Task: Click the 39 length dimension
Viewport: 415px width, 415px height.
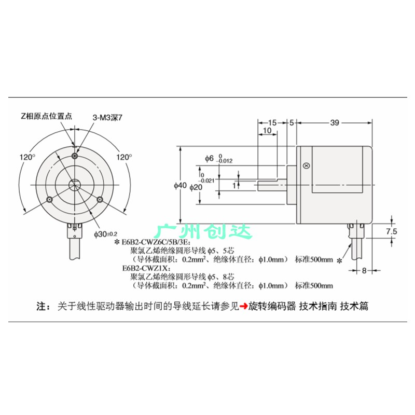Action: pyautogui.click(x=335, y=122)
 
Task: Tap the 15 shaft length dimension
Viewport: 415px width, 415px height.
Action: pyautogui.click(x=272, y=122)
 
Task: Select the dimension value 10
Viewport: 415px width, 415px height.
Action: pyautogui.click(x=267, y=131)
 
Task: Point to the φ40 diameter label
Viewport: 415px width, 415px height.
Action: pyautogui.click(x=180, y=186)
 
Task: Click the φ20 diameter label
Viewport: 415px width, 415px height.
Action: pyautogui.click(x=196, y=187)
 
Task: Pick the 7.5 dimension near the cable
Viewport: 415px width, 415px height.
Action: pyautogui.click(x=392, y=231)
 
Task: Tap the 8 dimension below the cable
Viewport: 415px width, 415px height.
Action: pyautogui.click(x=364, y=270)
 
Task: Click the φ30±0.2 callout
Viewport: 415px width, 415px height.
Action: pyautogui.click(x=106, y=234)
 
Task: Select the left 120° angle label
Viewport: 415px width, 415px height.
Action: pyautogui.click(x=27, y=157)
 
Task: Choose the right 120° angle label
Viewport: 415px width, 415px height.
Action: pyautogui.click(x=124, y=157)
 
